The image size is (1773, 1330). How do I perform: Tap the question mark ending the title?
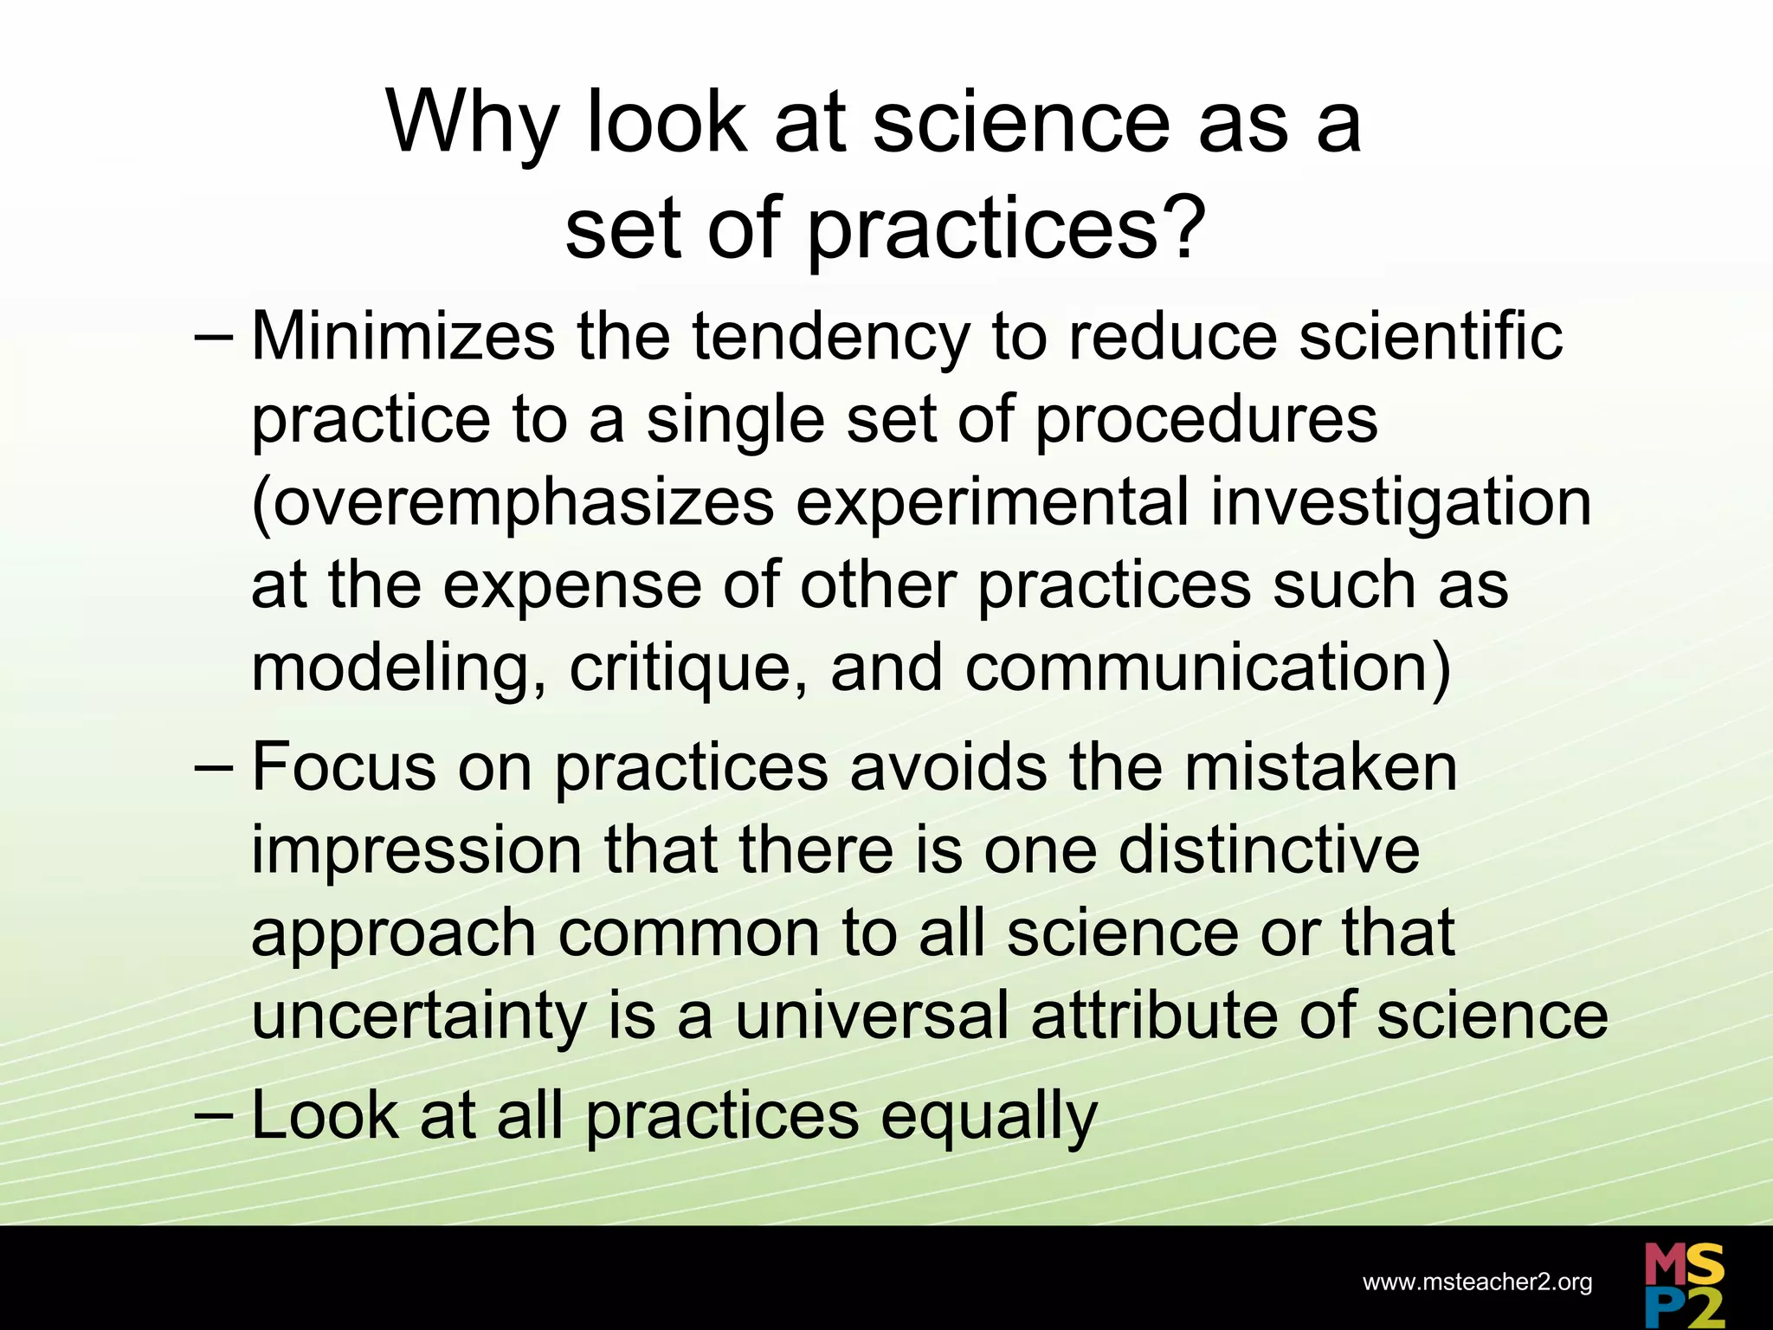point(1183,227)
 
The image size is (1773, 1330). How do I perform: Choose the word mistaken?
point(1320,767)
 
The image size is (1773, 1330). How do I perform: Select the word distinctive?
point(1269,850)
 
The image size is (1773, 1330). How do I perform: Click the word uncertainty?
point(420,1018)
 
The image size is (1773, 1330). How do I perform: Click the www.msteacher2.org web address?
point(1477,1282)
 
